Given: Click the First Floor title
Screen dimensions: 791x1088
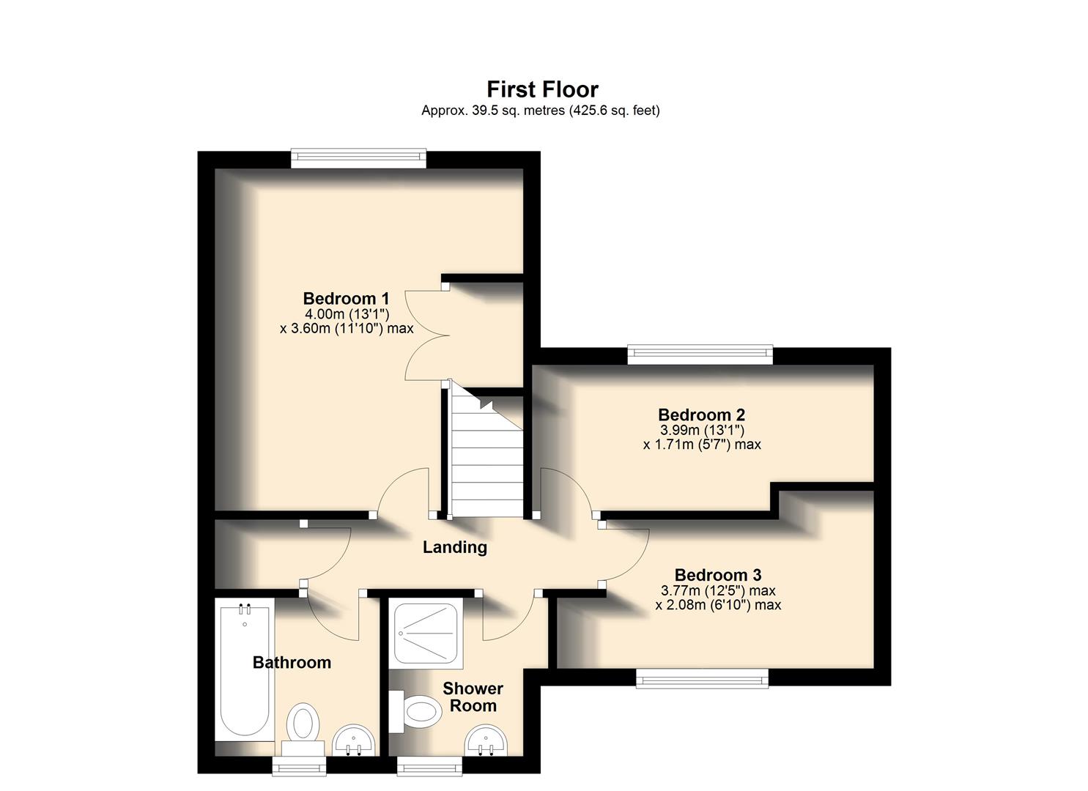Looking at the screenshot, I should coord(542,89).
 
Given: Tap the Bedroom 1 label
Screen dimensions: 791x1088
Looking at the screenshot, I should coord(346,299).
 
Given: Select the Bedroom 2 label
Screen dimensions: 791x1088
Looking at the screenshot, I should coord(701,415).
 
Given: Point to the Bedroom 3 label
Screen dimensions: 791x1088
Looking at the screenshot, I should coord(718,575).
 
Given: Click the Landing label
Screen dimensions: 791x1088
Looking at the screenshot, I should coord(455,547).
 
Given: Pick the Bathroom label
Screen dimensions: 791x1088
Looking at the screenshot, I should coord(292,663).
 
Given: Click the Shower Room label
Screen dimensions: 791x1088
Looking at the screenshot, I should coord(473,697).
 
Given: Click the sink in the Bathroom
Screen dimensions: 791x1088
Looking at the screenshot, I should coord(354,740).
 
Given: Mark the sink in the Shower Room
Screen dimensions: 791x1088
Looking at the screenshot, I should coord(486,739).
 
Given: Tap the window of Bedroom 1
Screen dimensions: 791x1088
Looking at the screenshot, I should coord(358,158).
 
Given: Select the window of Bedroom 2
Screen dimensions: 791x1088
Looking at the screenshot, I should coord(700,355).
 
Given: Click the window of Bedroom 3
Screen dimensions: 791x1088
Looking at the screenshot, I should coord(702,679).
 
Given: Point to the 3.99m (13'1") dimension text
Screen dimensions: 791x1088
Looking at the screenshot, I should coord(702,431).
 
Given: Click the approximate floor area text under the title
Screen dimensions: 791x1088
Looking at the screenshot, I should coord(540,111).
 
